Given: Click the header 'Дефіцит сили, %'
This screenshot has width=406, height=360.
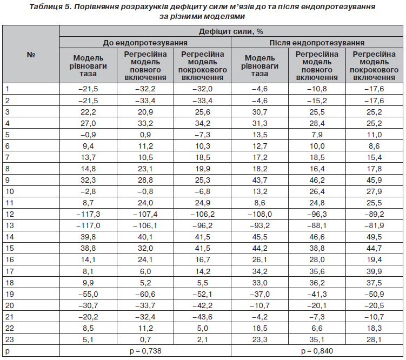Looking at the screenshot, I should click(231, 32).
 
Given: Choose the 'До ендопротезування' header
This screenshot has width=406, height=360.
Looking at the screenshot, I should click(145, 42).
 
